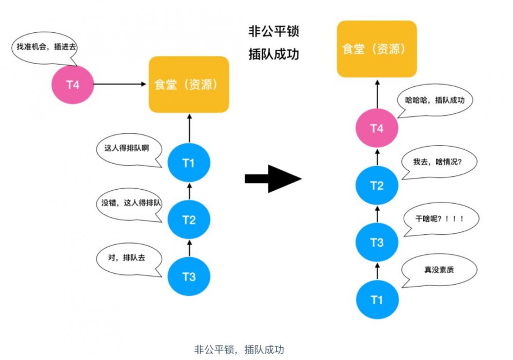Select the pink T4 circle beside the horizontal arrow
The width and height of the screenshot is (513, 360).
[73, 85]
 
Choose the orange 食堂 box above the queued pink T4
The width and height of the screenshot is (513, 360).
[377, 49]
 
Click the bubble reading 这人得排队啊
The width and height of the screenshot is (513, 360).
[129, 149]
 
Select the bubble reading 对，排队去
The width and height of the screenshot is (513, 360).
[128, 258]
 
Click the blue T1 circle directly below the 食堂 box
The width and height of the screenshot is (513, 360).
[189, 164]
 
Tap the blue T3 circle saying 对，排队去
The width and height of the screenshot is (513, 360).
[189, 277]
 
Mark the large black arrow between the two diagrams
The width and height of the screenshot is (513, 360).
[272, 178]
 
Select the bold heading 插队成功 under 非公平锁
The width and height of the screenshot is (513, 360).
[273, 54]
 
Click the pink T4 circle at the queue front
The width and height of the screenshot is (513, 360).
[377, 129]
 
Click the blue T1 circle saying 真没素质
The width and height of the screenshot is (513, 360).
[377, 299]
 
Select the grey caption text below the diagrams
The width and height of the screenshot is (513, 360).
[239, 350]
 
